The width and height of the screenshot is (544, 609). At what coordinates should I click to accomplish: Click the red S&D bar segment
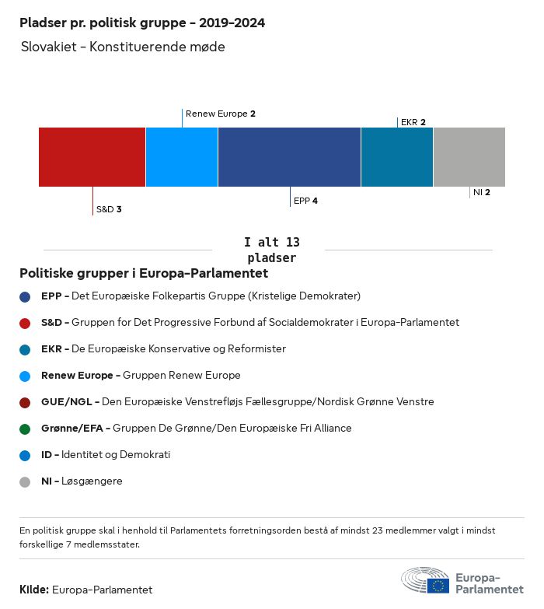92,157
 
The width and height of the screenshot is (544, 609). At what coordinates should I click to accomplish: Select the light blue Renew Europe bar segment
181,157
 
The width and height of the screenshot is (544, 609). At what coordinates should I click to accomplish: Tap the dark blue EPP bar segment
289,157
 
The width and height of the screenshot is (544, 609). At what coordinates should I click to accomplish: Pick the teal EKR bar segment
396,157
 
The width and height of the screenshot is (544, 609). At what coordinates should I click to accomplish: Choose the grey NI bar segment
469,157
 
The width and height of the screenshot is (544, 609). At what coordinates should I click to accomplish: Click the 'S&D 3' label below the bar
108,210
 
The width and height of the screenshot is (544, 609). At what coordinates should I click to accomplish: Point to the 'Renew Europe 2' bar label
221,114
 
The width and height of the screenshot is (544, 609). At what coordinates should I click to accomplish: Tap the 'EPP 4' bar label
305,201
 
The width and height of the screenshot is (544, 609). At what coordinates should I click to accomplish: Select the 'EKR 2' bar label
413,122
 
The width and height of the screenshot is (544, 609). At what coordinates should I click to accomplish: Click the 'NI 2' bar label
481,192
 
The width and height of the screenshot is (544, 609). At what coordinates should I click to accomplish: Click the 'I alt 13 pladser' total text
271,250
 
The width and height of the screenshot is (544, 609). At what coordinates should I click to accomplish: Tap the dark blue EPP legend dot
25,296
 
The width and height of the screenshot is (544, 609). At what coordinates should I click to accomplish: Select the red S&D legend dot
25,323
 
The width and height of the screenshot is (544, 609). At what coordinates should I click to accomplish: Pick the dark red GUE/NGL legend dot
25,402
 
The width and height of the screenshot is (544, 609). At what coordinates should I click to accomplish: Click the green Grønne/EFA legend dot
25,429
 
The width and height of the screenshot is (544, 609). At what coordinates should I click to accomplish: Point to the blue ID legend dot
25,455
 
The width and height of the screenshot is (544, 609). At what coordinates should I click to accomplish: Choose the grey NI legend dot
25,481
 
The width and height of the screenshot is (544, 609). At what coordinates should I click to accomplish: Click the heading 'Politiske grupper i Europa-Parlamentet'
144,274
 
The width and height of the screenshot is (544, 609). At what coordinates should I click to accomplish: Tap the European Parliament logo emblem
424,580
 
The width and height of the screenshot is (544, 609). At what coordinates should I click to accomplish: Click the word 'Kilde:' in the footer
34,590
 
